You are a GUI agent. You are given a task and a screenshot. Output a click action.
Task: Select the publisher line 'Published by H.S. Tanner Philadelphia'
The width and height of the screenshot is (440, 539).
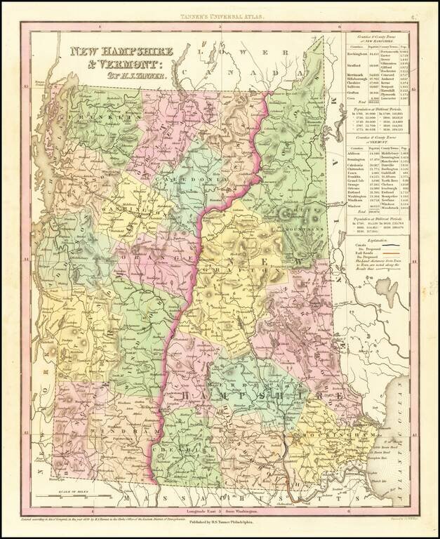tap(220, 524)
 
